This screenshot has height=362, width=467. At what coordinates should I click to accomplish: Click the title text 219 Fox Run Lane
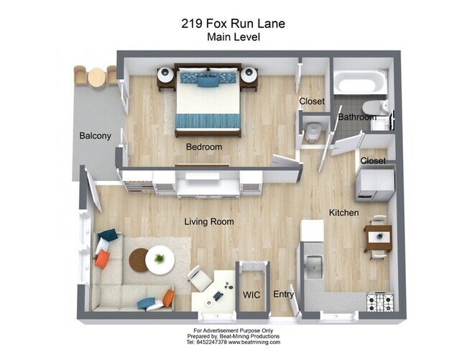tap(233, 24)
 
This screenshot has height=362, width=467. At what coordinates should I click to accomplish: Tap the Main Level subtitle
tap(233, 37)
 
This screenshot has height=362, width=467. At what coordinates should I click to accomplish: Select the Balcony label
tap(95, 136)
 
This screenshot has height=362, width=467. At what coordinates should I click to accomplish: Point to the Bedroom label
tap(204, 147)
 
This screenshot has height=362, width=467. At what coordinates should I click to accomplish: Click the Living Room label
tap(209, 222)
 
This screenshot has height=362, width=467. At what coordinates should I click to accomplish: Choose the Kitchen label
tap(344, 213)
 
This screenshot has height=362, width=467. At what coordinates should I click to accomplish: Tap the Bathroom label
tap(357, 117)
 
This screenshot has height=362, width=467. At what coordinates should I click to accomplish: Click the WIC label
tap(251, 294)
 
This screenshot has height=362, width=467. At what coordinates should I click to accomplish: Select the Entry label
tap(284, 294)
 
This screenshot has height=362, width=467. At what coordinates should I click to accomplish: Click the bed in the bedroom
tap(208, 101)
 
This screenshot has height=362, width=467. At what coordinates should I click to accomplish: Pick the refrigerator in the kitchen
tap(375, 183)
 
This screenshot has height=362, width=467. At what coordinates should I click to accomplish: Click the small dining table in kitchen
tap(378, 236)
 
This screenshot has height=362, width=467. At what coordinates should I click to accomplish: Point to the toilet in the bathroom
tap(385, 108)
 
